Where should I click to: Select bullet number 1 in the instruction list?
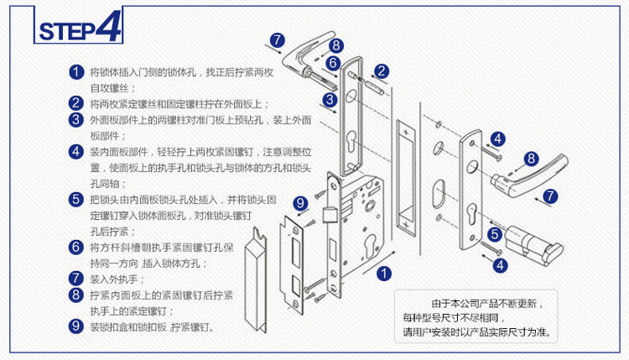(x=75, y=72)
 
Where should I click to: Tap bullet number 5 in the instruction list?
(x=75, y=200)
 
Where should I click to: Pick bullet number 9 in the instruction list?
(x=75, y=326)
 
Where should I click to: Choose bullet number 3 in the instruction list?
(x=75, y=120)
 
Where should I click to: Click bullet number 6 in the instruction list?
(x=75, y=248)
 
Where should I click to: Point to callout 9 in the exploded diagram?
(x=300, y=202)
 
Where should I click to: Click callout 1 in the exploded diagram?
(x=383, y=272)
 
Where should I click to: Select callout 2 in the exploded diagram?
(x=382, y=71)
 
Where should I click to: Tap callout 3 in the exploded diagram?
(x=330, y=99)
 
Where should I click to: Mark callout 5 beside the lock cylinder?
(x=496, y=234)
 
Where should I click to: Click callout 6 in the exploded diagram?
(x=333, y=62)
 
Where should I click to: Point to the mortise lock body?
(x=356, y=227)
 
